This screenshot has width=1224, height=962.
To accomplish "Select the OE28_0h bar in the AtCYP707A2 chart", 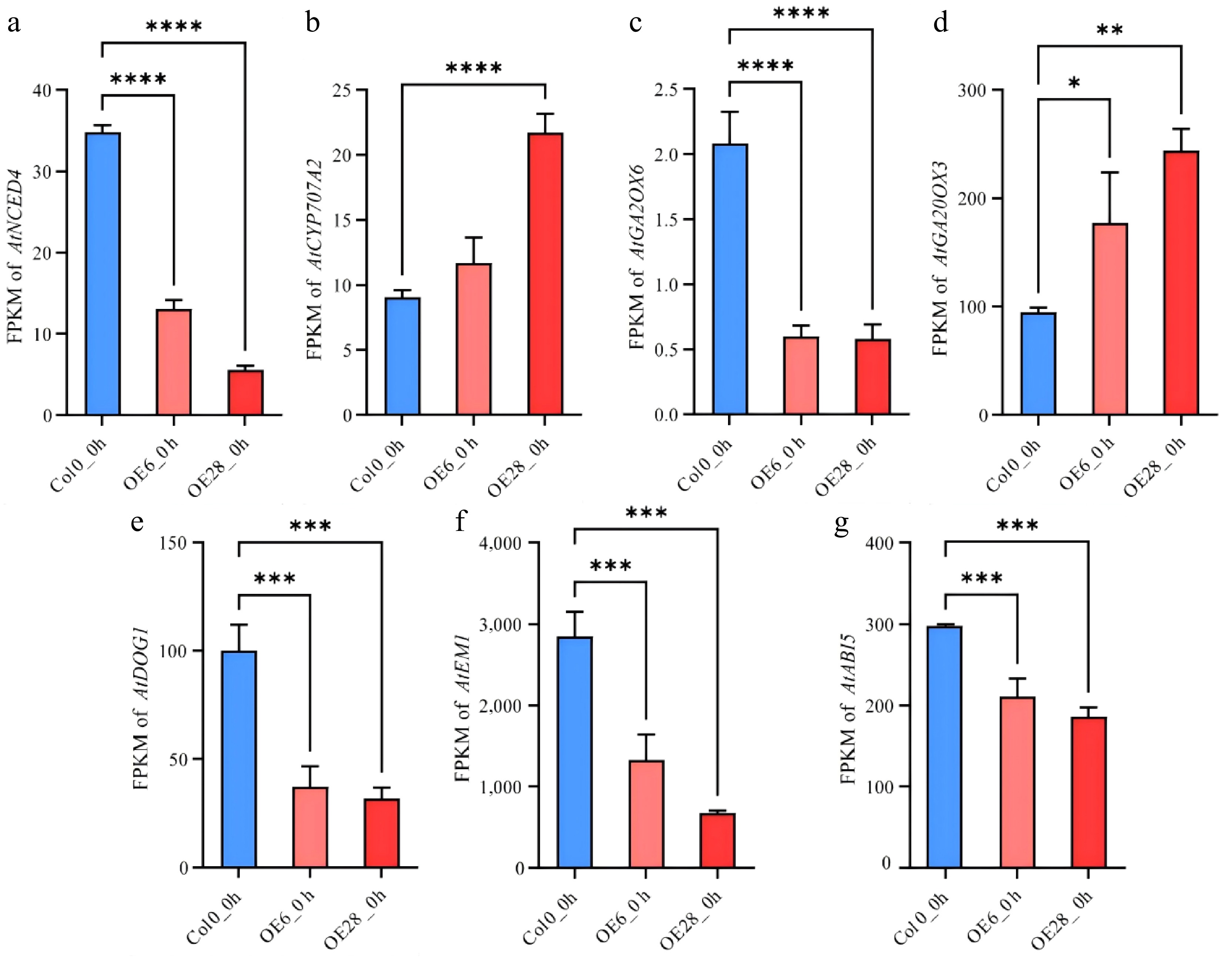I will click(545, 274).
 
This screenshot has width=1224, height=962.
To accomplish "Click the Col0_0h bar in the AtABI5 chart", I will click(945, 747).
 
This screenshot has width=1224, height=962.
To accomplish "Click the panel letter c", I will click(636, 24).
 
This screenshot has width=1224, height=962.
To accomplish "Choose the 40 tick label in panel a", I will click(42, 90).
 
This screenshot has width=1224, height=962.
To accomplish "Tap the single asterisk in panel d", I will click(1074, 83).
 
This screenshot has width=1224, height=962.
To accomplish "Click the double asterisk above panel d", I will click(1110, 30).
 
